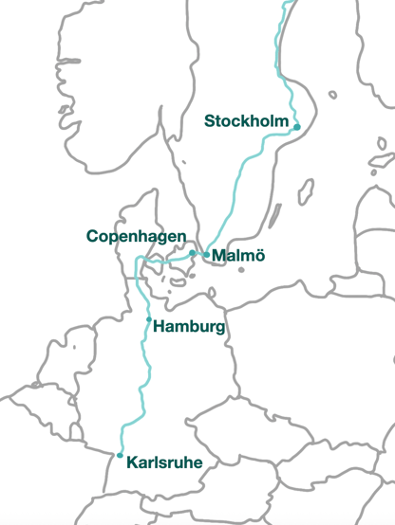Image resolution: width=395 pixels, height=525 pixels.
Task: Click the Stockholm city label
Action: coord(246,120)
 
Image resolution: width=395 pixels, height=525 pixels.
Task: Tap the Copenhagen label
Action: coord(136,236)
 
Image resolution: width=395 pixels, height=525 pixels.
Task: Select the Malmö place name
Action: coord(238,256)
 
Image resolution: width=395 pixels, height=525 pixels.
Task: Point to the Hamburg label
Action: coord(189,327)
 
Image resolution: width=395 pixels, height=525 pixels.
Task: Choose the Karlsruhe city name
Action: coord(165,462)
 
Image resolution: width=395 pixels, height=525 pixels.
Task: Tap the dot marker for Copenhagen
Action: coord(193,253)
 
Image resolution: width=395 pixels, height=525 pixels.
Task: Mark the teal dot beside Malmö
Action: coord(206,255)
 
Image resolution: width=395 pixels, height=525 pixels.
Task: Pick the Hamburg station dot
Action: coord(148,319)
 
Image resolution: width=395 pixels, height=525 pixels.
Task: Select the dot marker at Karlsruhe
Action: coord(120,456)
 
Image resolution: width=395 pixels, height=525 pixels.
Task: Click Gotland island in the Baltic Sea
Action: coord(306,192)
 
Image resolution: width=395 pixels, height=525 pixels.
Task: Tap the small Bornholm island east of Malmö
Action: coord(241,270)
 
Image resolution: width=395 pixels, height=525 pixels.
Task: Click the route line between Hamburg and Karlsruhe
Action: coord(142,389)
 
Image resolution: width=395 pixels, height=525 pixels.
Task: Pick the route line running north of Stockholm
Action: coord(277,57)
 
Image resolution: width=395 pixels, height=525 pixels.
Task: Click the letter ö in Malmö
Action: coord(258,256)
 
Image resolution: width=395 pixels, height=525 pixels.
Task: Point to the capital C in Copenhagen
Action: coord(92,236)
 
